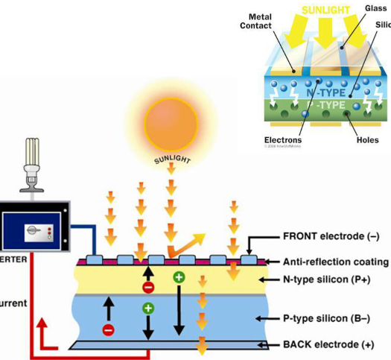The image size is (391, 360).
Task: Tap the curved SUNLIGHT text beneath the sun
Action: tap(171, 160)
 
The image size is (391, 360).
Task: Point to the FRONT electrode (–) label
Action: tap(331, 236)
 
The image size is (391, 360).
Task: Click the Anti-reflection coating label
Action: tap(336, 262)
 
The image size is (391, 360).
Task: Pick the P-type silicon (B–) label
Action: tap(327, 318)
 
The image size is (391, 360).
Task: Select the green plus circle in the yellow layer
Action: tap(179, 277)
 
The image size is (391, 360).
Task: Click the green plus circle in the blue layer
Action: tap(148, 308)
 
